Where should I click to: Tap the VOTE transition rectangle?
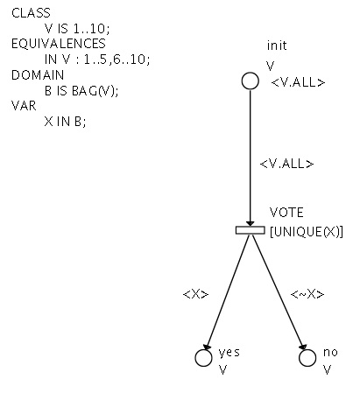251,230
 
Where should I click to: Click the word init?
277,46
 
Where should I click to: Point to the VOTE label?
286,213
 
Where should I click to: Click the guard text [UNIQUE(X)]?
307,232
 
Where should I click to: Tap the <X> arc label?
196,294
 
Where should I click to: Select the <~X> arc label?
307,294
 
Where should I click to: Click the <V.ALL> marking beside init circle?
298,82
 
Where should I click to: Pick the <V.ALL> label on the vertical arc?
286,164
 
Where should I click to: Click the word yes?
229,353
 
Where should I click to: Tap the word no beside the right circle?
330,353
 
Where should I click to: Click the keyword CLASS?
31,13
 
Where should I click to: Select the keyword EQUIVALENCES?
59,44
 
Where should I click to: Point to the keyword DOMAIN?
38,75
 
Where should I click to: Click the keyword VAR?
24,106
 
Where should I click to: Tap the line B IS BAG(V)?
81,91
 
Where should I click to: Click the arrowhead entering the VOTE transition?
250,223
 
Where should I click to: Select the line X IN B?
66,122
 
